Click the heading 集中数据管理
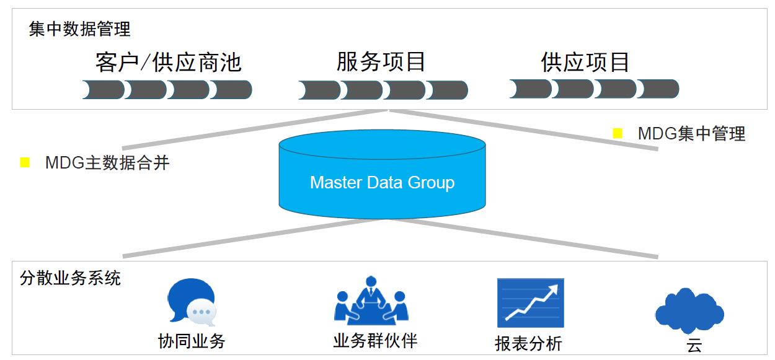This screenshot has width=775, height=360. pos(79,29)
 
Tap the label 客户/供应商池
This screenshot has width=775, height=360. pos(168,63)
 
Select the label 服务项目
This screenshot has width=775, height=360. pos(381,62)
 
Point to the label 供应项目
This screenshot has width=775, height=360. pos(585,62)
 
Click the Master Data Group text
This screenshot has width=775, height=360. pos(382,183)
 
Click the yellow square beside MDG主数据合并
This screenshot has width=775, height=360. pos(25,162)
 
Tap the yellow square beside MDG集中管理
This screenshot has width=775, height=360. pos(617,132)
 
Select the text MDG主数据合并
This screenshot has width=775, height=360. pos(107,163)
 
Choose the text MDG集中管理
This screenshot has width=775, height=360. pos(691,133)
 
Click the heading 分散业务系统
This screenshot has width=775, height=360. pos(70,278)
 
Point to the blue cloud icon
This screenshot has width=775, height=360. pos(689,309)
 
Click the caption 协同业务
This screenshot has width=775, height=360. pos(192,341)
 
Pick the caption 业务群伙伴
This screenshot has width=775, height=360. pos(375,341)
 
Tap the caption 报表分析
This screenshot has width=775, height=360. pos(528,343)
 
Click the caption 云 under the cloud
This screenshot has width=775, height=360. pos(694,345)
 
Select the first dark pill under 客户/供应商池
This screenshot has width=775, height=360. pos(104,90)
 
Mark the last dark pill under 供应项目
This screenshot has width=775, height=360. pos(658,89)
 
